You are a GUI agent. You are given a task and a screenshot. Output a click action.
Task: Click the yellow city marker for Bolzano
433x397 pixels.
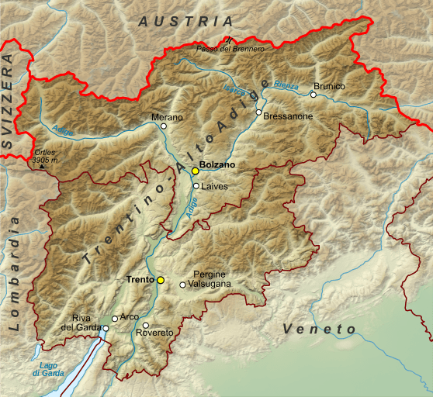click(195, 171)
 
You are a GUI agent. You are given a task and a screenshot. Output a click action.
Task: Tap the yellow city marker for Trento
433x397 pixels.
click(161, 280)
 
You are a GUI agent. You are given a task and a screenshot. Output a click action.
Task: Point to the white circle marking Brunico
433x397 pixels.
click(313, 95)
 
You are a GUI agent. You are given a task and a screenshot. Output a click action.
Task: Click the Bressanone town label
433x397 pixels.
click(288, 116)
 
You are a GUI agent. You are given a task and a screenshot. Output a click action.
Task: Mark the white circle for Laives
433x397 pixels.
click(196, 186)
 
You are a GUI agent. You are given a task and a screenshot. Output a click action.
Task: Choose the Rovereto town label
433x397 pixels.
click(154, 333)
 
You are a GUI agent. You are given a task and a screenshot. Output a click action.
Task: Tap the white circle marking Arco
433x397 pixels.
click(115, 318)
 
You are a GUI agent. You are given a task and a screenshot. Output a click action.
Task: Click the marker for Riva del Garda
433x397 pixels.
click(106, 328)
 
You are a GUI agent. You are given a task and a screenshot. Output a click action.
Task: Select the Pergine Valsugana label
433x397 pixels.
click(209, 280)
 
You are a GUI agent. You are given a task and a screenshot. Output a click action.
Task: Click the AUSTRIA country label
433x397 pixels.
click(185, 22)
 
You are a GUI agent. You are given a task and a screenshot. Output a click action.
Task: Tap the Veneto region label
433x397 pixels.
click(319, 330)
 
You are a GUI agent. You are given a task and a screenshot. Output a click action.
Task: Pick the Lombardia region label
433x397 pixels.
click(13, 274)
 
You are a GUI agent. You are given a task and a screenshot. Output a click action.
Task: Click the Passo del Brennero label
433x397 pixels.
click(230, 49)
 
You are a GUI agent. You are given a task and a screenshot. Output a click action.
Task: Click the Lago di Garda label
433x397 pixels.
click(45, 369)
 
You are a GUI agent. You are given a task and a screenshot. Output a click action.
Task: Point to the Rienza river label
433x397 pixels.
click(286, 86)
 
